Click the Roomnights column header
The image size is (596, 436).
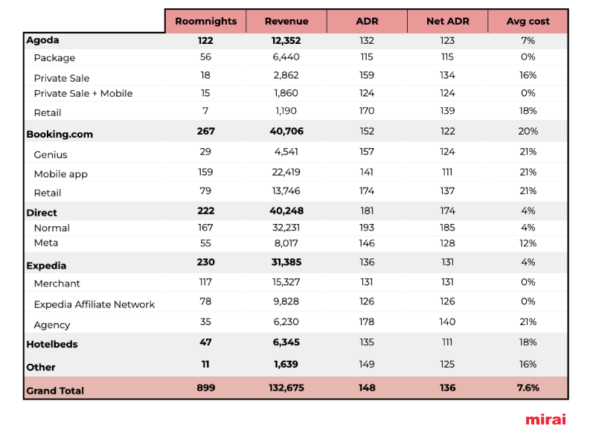pyautogui.click(x=205, y=22)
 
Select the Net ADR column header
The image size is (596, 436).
pyautogui.click(x=447, y=22)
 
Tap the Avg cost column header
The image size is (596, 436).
pyautogui.click(x=528, y=22)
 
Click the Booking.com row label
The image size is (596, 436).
pyautogui.click(x=60, y=134)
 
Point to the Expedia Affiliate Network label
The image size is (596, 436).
pyautogui.click(x=94, y=304)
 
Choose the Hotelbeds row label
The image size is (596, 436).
pyautogui.click(x=52, y=344)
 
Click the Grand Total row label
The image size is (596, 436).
pyautogui.click(x=55, y=391)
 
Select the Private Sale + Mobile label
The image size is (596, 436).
pyautogui.click(x=83, y=94)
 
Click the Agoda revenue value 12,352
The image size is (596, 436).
pyautogui.click(x=286, y=41)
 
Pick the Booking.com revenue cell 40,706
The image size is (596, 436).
pyautogui.click(x=286, y=131)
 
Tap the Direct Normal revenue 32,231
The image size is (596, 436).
pyautogui.click(x=286, y=228)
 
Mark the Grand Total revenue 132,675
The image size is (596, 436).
pyautogui.click(x=286, y=388)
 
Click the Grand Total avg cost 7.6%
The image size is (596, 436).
pyautogui.click(x=528, y=388)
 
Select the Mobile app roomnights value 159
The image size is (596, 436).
pyautogui.click(x=205, y=172)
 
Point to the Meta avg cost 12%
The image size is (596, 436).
pyautogui.click(x=528, y=243)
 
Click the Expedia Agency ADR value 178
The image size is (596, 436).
pyautogui.click(x=367, y=322)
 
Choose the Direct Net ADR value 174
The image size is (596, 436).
pyautogui.click(x=447, y=211)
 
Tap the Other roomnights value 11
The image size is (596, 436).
pyautogui.click(x=205, y=364)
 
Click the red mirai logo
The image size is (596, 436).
pyautogui.click(x=546, y=420)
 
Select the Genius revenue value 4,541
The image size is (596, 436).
pyautogui.click(x=286, y=152)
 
